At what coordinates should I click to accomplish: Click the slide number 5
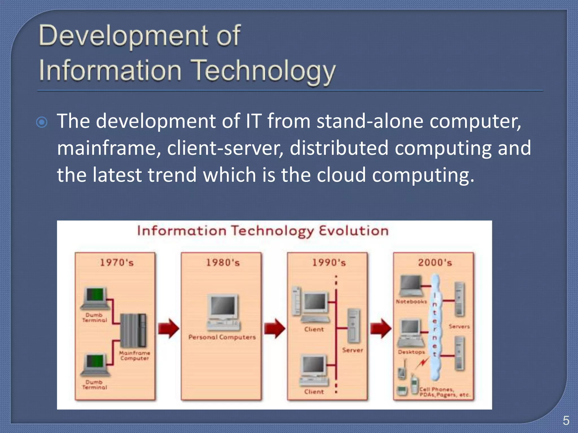click(566, 420)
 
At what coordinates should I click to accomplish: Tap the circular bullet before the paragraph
click(42, 122)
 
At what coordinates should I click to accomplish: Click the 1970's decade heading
click(117, 263)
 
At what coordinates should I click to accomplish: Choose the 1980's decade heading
click(223, 263)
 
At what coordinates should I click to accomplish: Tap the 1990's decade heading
click(329, 263)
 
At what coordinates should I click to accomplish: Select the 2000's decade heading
click(435, 263)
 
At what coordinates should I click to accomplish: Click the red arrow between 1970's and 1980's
click(168, 328)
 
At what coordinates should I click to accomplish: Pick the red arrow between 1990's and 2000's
click(381, 328)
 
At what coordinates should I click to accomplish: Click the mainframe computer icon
click(133, 330)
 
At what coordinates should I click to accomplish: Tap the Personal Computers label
click(222, 337)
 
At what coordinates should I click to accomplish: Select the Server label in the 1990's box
click(353, 350)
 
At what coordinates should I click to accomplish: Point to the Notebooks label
click(411, 302)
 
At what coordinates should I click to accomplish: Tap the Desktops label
click(411, 352)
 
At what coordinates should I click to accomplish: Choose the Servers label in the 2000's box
click(459, 326)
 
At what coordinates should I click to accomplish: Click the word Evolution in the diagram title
click(354, 231)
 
